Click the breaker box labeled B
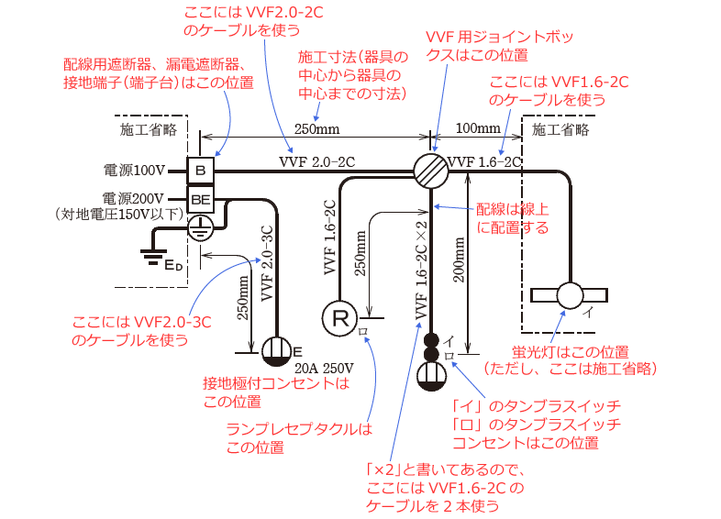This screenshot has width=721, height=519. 201,170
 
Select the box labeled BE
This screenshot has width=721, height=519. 201,197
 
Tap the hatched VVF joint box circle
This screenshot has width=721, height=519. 430,170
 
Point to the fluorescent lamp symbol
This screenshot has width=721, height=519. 570,295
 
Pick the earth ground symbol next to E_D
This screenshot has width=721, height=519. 150,256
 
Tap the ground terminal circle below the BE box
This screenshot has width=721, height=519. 201,227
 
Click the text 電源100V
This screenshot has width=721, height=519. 133,171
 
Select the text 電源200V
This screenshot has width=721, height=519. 133,198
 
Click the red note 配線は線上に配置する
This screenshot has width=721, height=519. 512,216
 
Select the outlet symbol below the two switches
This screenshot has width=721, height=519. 430,375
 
